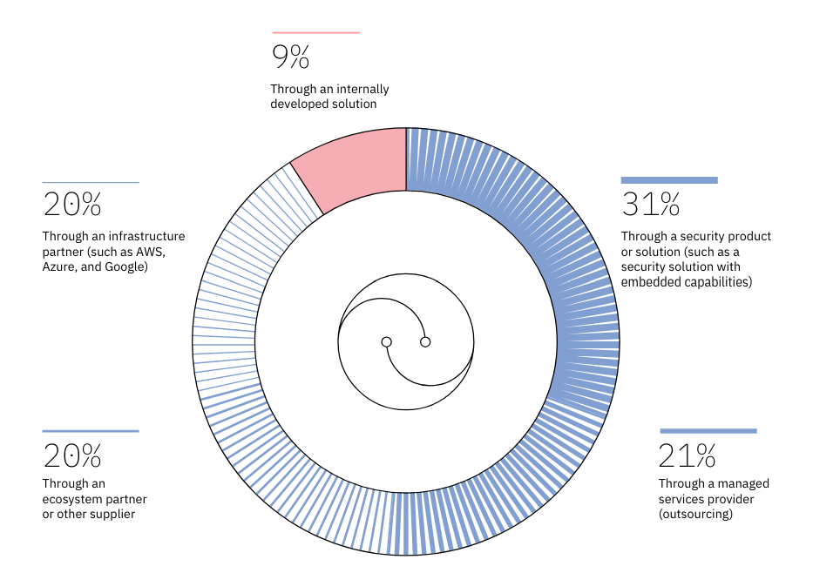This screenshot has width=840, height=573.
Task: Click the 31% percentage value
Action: point(650,205)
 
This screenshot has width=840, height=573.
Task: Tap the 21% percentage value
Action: point(688,455)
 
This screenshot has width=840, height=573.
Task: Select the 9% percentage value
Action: point(290,57)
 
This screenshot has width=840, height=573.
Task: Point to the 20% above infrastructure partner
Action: point(72,205)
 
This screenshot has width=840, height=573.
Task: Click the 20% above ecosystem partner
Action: point(72,455)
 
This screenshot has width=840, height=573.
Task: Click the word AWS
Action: point(149,252)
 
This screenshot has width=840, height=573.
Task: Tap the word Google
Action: point(125,267)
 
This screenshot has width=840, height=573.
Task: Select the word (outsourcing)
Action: point(695,515)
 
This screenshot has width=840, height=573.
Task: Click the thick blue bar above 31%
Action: point(669,180)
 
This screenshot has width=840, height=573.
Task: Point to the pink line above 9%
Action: point(315,33)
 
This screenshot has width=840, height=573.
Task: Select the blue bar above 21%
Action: point(708,430)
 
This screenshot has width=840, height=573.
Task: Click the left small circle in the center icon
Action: point(386,342)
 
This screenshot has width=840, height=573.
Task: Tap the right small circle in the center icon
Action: point(425,342)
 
